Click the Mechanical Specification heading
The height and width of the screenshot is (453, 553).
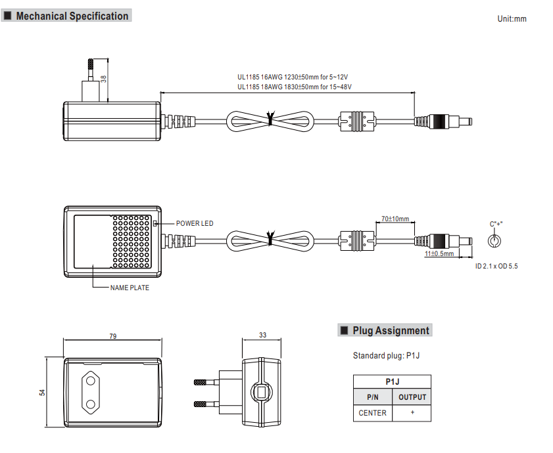tap(72, 16)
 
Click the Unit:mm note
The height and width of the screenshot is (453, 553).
tap(512, 19)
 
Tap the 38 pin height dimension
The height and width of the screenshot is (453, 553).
tap(103, 79)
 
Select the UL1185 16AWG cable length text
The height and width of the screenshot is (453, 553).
tap(293, 77)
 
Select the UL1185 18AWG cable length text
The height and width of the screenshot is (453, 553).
tap(295, 87)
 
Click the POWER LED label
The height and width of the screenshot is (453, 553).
tap(195, 223)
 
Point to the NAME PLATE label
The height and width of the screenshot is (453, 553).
tap(130, 288)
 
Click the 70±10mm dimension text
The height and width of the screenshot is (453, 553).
tap(395, 219)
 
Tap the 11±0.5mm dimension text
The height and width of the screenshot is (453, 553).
tap(439, 253)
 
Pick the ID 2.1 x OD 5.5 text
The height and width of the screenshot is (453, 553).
tap(496, 267)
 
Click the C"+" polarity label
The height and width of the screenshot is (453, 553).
tap(496, 224)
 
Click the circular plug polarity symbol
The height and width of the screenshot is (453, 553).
tap(494, 241)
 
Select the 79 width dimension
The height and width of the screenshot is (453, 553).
tap(113, 336)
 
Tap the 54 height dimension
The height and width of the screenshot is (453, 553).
tap(42, 393)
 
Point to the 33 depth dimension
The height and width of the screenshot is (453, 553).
tap(263, 335)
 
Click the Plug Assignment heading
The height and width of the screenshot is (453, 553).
tap(391, 330)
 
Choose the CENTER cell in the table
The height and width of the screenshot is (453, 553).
tap(372, 413)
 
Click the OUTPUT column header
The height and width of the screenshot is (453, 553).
tap(412, 397)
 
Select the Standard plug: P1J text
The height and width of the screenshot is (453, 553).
tap(386, 355)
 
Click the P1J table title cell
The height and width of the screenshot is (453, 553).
tap(392, 382)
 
